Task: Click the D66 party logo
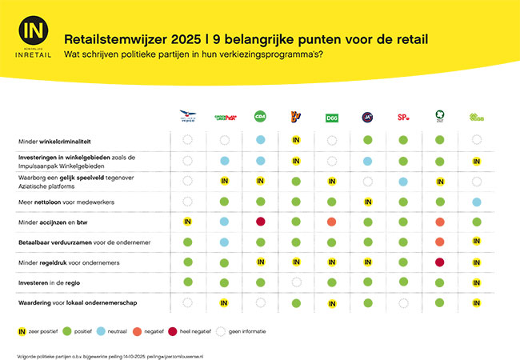pyautogui.click(x=331, y=118)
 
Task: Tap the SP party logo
pyautogui.click(x=404, y=118)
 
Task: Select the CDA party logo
pyautogui.click(x=260, y=117)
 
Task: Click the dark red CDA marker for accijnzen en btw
pyautogui.click(x=260, y=221)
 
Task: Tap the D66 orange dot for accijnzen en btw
pyautogui.click(x=331, y=221)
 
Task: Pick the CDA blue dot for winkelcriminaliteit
pyautogui.click(x=260, y=140)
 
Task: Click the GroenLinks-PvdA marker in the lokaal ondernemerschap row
pyautogui.click(x=224, y=302)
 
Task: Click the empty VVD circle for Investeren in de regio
pyautogui.click(x=296, y=282)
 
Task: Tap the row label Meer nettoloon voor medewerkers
pyautogui.click(x=66, y=202)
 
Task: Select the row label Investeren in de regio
pyautogui.click(x=52, y=282)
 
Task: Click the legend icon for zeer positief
pyautogui.click(x=22, y=330)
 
